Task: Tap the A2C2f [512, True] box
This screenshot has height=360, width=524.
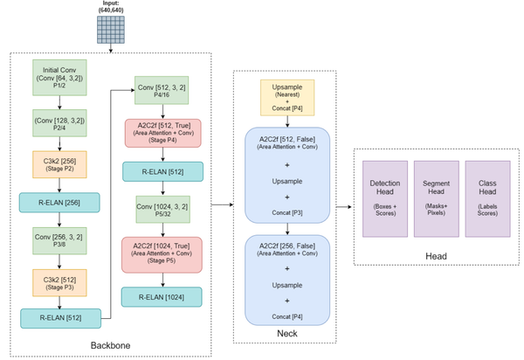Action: tap(163, 131)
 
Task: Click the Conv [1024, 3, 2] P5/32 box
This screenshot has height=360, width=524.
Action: tap(163, 211)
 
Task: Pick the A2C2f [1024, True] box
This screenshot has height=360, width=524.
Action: tap(163, 252)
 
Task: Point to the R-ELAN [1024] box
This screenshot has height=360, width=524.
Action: tap(163, 295)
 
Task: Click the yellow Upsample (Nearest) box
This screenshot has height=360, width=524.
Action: tap(286, 99)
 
